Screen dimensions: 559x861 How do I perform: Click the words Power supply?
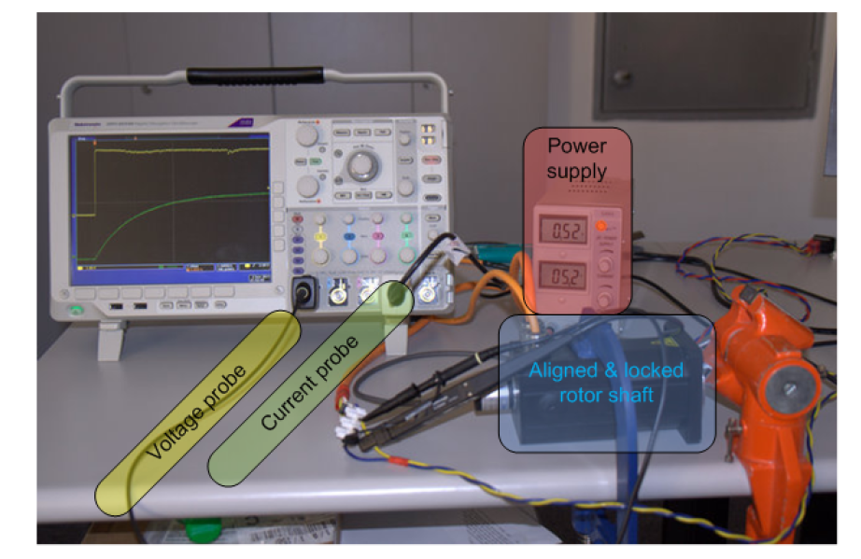pyautogui.click(x=576, y=158)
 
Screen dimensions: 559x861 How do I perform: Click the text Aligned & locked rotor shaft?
pyautogui.click(x=606, y=382)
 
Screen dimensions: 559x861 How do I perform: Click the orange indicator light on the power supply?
pyautogui.click(x=602, y=227)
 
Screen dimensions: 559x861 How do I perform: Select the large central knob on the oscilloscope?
pyautogui.click(x=360, y=169)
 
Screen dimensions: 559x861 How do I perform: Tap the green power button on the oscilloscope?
pyautogui.click(x=75, y=309)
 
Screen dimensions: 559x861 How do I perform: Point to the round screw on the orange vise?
pyautogui.click(x=792, y=384)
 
